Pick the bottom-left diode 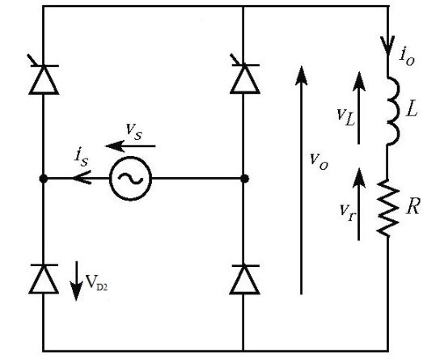click(44, 279)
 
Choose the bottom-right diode click(243, 279)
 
